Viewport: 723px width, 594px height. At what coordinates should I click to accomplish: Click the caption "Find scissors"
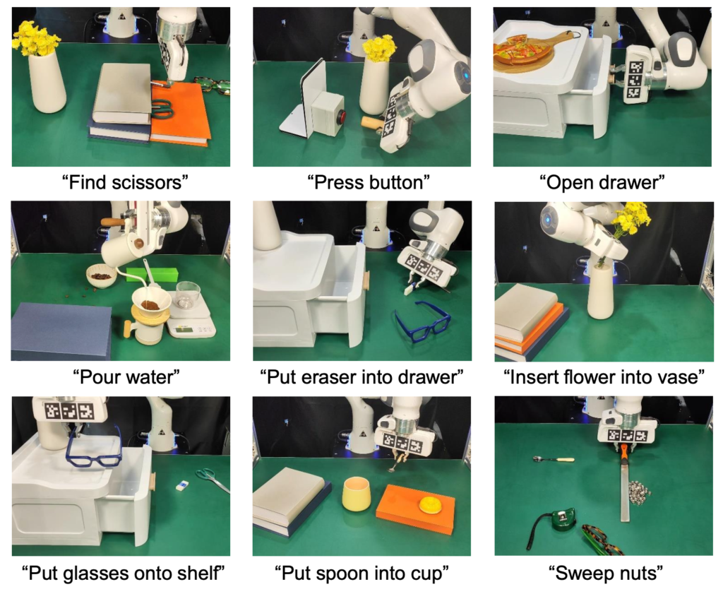(x=125, y=183)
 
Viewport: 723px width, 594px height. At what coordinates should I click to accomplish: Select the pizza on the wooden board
(x=522, y=49)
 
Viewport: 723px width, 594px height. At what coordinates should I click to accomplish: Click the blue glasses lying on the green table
(x=422, y=320)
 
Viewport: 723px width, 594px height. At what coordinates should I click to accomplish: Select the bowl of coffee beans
(x=102, y=275)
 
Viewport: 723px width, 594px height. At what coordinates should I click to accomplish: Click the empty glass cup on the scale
(x=188, y=295)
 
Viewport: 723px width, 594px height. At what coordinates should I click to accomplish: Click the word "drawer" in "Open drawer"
(x=634, y=183)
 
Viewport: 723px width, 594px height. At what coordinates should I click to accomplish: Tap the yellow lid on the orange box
(x=430, y=504)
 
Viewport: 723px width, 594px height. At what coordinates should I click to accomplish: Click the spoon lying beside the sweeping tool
(x=553, y=459)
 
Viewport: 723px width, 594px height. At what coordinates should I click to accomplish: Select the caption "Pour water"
(x=126, y=376)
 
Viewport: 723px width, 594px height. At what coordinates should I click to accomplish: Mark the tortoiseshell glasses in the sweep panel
(x=601, y=539)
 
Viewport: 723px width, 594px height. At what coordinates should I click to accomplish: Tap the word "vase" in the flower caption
(x=681, y=376)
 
